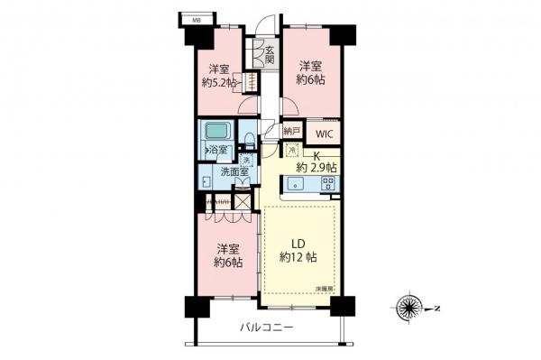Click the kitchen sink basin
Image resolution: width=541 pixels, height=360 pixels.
(300, 185)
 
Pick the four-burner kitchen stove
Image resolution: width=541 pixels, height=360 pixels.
(328, 184)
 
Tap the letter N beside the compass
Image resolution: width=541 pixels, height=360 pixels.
(436, 308)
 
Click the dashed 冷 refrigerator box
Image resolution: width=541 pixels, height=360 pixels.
(292, 152)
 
